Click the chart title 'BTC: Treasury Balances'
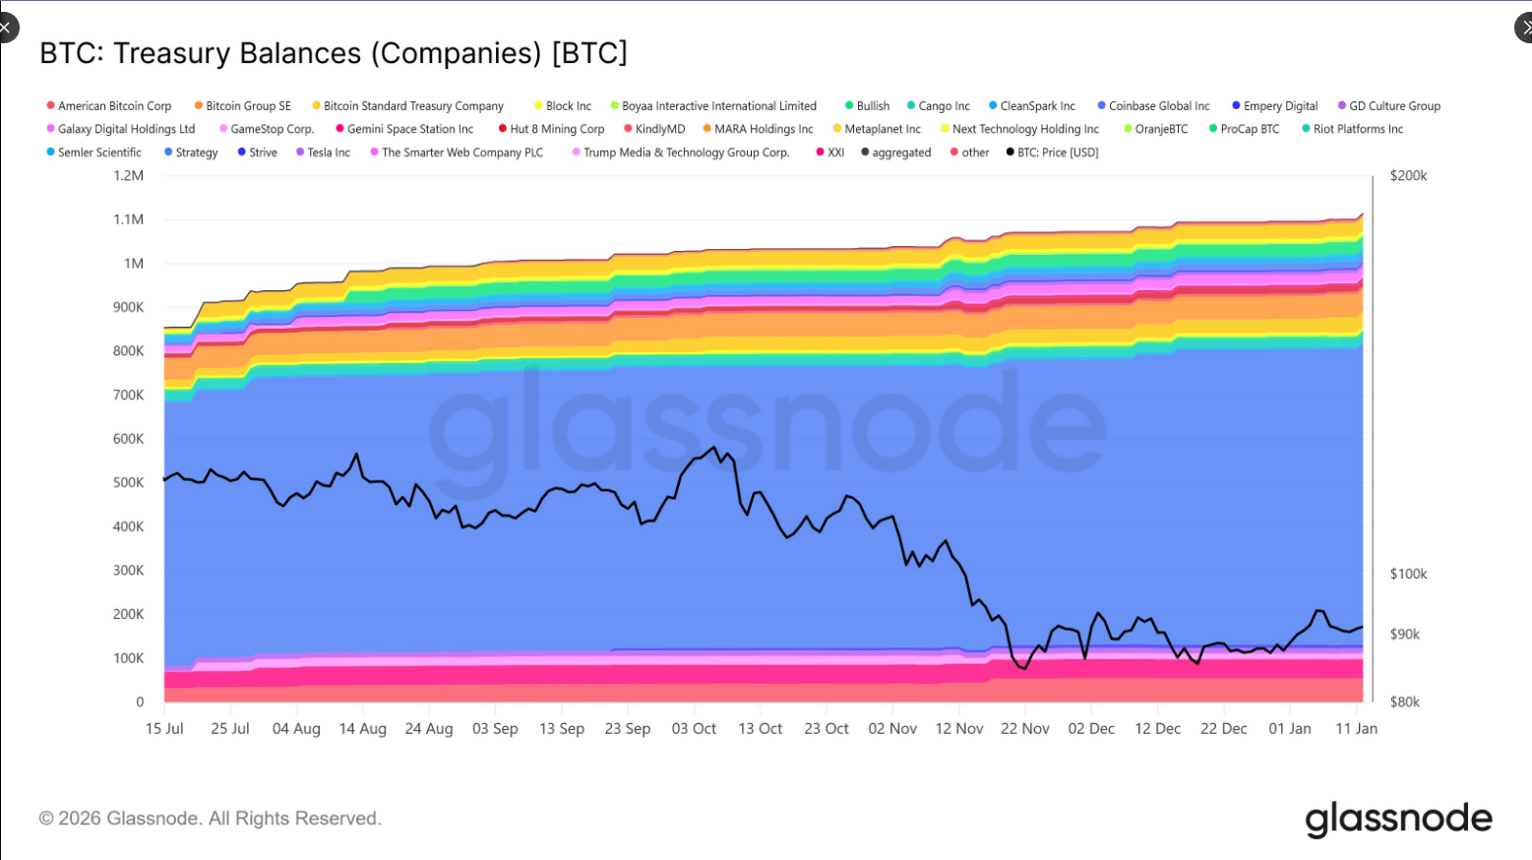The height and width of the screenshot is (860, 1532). pos(333,53)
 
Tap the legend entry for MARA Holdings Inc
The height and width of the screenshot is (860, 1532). pos(763,129)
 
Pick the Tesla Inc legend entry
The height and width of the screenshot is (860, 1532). pos(328,153)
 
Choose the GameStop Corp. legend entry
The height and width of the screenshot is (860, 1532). pos(271,129)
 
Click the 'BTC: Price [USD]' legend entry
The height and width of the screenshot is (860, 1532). pos(1057,153)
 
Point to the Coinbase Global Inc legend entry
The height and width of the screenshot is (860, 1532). pos(1158,106)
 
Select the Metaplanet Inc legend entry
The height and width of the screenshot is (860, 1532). pos(882,129)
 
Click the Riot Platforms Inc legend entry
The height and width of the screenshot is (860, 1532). pos(1357,129)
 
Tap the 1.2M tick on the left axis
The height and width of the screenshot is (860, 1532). pos(128,176)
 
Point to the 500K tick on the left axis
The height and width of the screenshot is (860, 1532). pos(128,482)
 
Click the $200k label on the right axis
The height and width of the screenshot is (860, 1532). pos(1408,176)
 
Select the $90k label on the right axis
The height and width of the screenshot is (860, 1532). pos(1404,635)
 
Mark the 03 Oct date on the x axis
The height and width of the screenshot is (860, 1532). pos(694,729)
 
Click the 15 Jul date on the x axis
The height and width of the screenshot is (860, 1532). pos(164,729)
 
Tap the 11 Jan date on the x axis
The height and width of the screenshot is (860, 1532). pos(1356,729)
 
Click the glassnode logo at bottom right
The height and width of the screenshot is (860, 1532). pos(1398,819)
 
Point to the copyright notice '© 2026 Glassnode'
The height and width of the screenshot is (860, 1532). pos(210,819)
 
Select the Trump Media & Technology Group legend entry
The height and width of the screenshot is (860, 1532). pos(685,153)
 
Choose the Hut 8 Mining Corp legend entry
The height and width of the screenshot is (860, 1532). pos(556,129)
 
